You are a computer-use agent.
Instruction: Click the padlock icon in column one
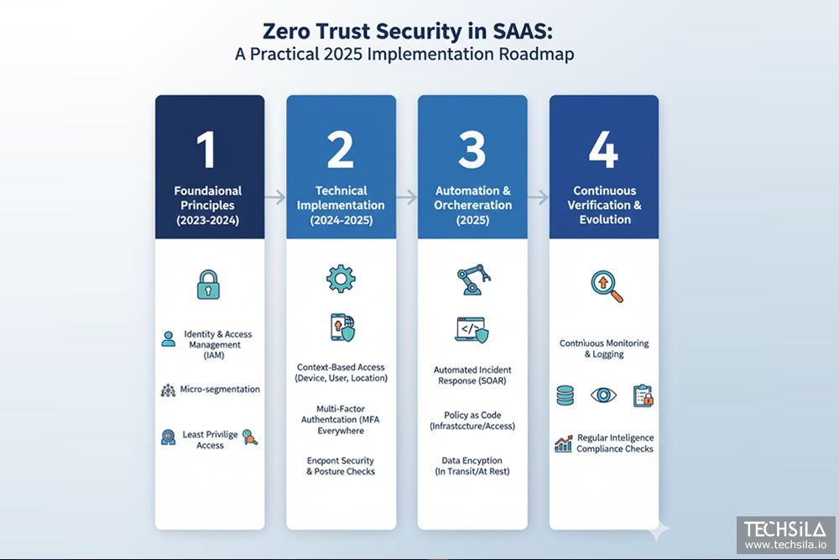coord(209,285)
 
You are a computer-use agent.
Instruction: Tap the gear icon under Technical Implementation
coord(341,278)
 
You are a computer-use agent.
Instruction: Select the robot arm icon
coord(472,280)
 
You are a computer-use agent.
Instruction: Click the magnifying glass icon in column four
coord(606,286)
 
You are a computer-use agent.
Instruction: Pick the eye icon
coord(602,395)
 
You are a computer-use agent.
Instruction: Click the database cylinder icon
coord(565,395)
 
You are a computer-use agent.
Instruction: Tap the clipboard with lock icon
coord(643,395)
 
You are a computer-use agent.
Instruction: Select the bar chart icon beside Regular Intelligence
coord(563,442)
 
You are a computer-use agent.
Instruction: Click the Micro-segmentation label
coord(220,390)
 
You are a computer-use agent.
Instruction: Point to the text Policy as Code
coord(472,416)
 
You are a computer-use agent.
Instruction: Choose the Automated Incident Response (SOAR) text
coord(472,375)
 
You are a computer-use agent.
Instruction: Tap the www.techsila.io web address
coord(785,545)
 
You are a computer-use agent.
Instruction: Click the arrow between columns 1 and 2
coord(275,198)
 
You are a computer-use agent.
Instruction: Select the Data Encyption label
coord(472,460)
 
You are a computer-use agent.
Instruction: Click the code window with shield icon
coord(472,330)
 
